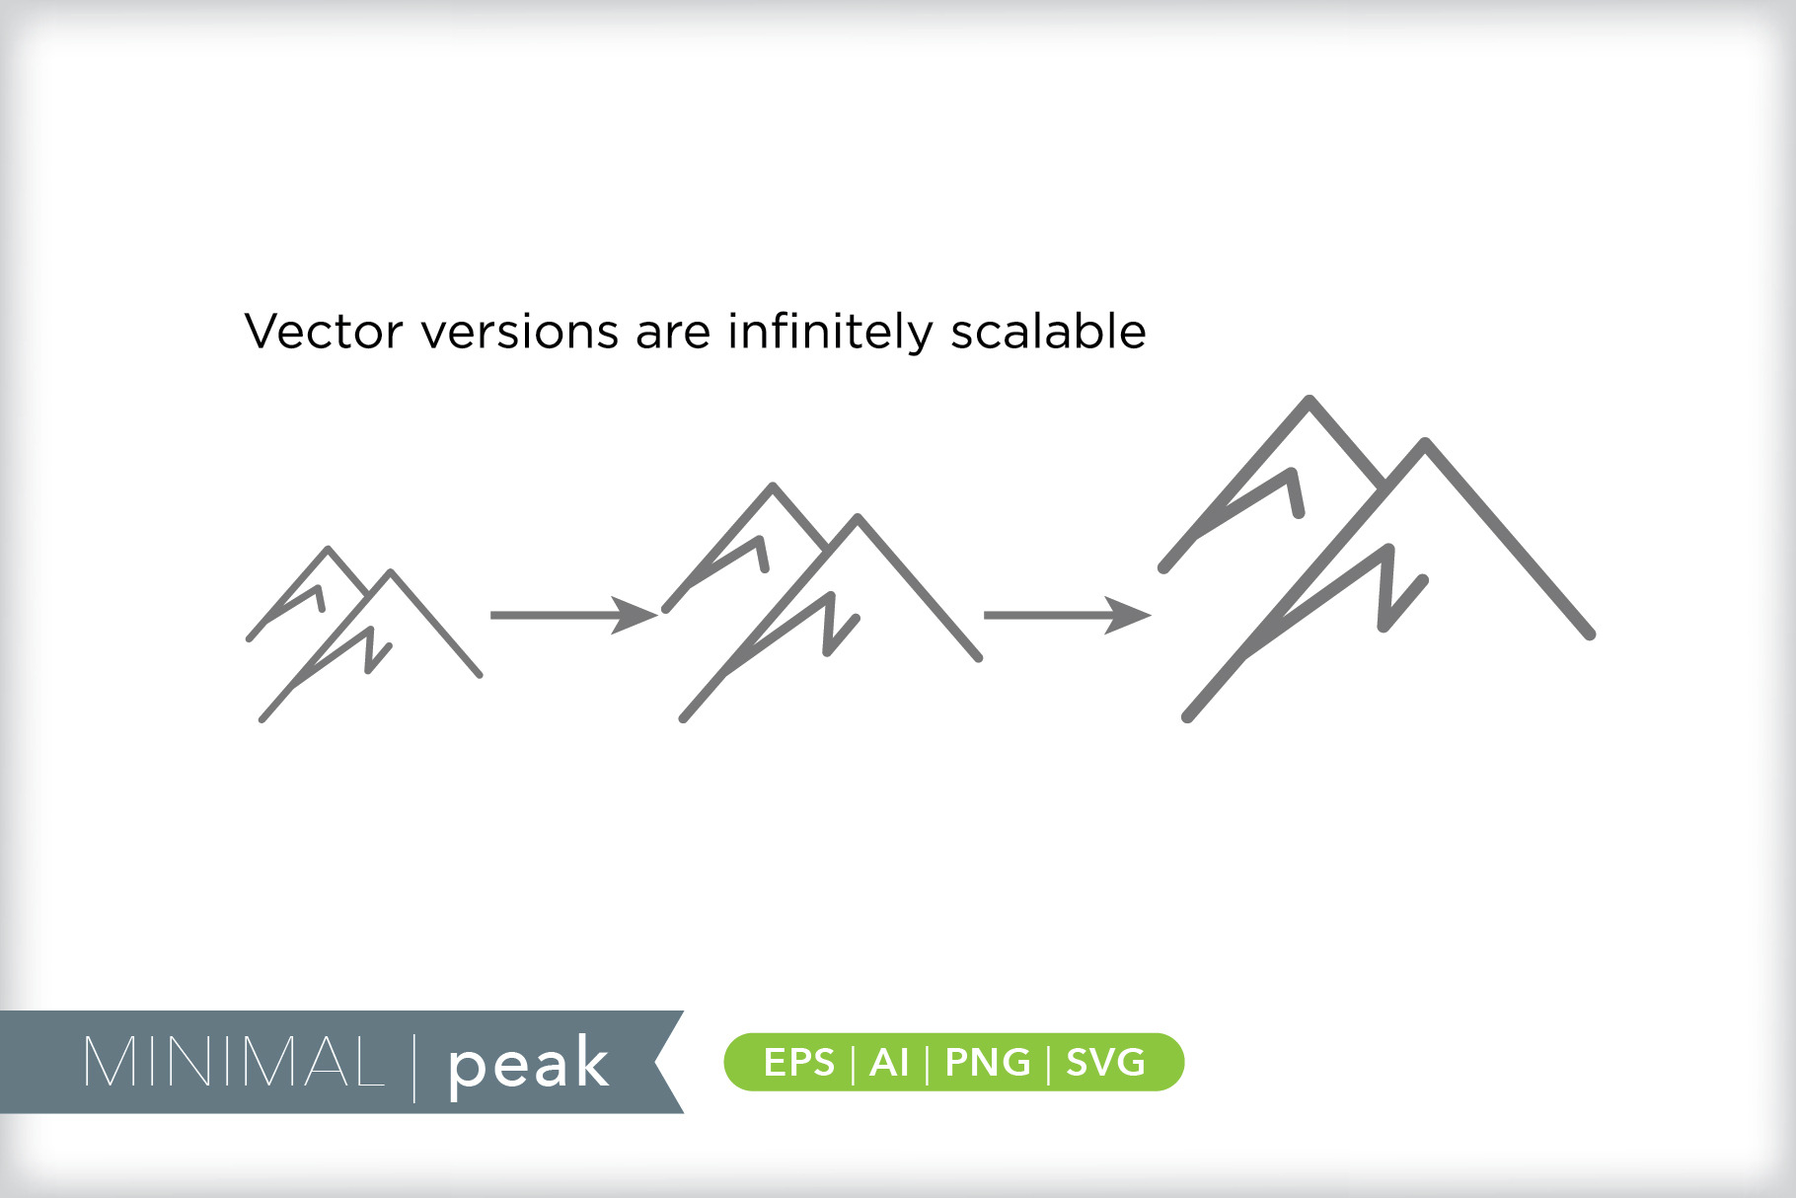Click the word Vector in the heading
324,332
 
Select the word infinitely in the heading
830,332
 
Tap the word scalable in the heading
1048,332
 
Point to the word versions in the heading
520,332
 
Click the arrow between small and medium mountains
573,615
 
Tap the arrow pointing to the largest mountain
1067,615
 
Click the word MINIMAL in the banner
234,1063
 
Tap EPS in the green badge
798,1063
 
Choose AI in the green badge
889,1063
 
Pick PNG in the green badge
988,1063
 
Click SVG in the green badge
1105,1063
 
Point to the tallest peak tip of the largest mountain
1310,399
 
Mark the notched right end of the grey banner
658,1063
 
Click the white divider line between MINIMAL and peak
414,1065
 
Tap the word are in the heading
673,337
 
